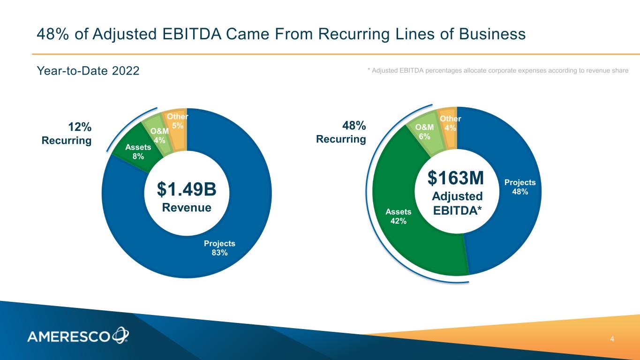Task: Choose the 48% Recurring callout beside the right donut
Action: pyautogui.click(x=341, y=132)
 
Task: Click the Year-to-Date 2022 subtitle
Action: pyautogui.click(x=88, y=71)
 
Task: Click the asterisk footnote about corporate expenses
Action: pyautogui.click(x=497, y=70)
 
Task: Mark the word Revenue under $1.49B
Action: pyautogui.click(x=186, y=207)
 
